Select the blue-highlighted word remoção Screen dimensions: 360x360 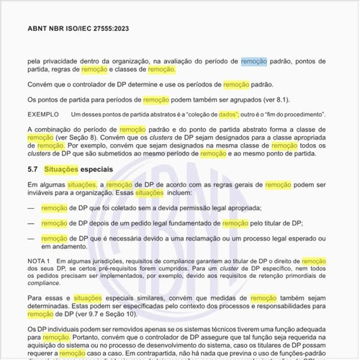253,62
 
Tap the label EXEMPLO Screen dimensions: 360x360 43,114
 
